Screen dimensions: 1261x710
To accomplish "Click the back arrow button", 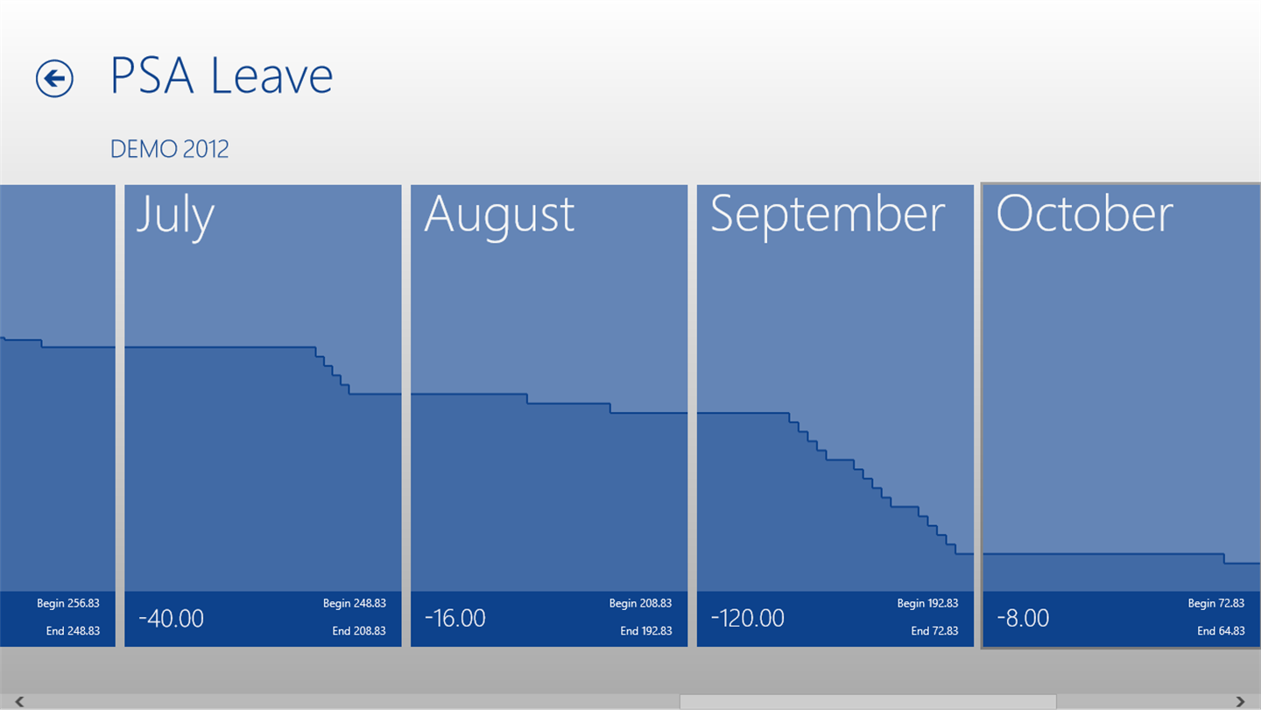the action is pos(54,78).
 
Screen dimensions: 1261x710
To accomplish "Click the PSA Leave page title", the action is pos(222,75).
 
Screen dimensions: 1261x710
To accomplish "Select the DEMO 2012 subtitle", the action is pos(170,149).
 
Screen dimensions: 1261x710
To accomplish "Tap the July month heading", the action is pos(175,217).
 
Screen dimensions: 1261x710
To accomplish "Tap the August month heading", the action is pos(499,217).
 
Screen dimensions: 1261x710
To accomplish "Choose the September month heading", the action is pos(828,217).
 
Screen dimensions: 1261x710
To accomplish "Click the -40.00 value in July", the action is pos(171,618).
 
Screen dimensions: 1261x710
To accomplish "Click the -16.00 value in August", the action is pos(454,618).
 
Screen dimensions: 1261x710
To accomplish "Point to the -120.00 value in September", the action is pos(748,618).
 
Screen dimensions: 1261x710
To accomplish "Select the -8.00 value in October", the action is pos(1023,618).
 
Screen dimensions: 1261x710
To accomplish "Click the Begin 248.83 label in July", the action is pos(355,603).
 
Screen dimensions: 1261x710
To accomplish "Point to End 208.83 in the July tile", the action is pos(359,631).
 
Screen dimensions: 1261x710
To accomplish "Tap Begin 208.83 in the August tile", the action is pos(641,603).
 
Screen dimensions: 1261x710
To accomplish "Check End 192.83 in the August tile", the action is pos(646,631).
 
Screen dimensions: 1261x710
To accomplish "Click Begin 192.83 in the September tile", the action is pos(927,603).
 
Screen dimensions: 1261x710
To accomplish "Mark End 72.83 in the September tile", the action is pos(934,631).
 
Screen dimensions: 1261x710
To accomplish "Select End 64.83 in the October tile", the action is pos(1221,631).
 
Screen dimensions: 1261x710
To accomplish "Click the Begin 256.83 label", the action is pos(68,603).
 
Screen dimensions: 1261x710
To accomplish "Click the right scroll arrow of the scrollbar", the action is pos(1240,701).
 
